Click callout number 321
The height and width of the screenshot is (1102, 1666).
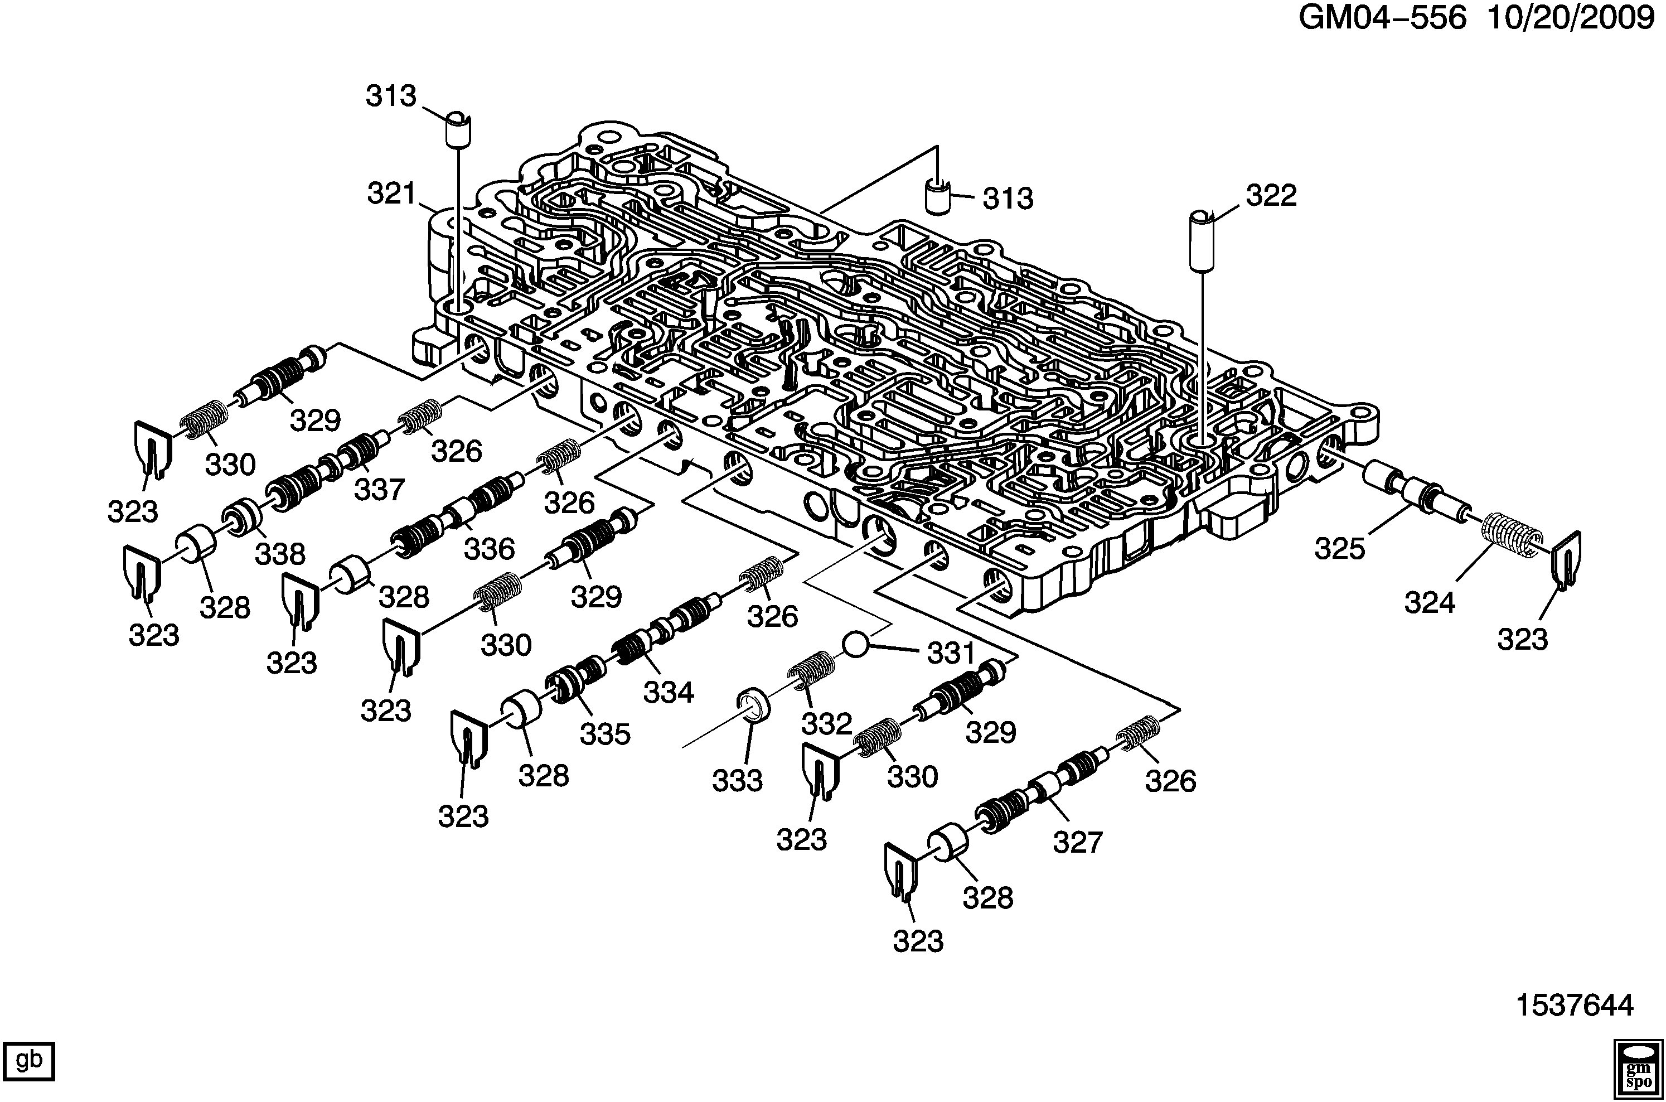click(392, 194)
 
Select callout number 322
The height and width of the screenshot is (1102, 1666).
click(1271, 196)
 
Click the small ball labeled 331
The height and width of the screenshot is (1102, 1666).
click(856, 644)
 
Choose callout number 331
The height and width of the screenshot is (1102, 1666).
click(951, 654)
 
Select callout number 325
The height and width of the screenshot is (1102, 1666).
click(1340, 549)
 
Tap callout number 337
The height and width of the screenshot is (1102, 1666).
click(380, 489)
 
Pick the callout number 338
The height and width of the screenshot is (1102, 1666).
click(280, 554)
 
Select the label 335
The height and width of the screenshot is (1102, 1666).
click(605, 734)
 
